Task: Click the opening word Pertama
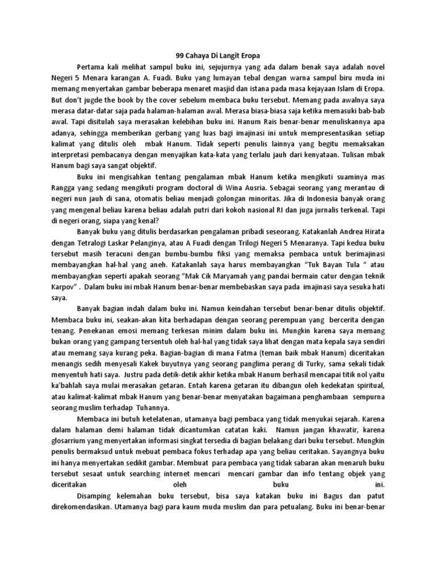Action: tap(91, 69)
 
